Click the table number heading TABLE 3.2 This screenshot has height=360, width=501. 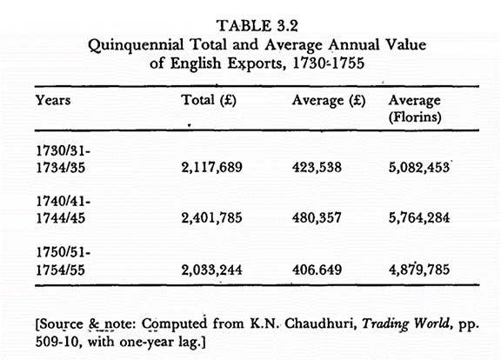coord(257,25)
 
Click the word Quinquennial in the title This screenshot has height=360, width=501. coord(136,45)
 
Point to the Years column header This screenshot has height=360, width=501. coord(53,100)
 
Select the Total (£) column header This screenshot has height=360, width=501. coord(209,100)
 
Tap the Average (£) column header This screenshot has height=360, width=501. coord(329,101)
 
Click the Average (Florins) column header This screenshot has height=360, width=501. coord(415,109)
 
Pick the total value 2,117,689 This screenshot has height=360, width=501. coord(212,167)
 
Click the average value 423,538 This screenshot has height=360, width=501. coord(317,167)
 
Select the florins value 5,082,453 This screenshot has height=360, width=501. coord(419,167)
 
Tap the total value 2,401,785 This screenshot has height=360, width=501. coord(212,218)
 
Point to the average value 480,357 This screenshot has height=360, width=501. coord(317,218)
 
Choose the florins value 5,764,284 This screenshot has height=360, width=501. coord(419,218)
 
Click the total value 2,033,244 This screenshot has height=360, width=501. coord(212,270)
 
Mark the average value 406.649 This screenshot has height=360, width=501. coord(317,270)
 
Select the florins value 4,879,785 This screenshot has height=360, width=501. coord(419,270)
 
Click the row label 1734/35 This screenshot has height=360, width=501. coord(60,168)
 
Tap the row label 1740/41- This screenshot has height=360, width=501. coord(63,202)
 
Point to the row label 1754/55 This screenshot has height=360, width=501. coord(60,270)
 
